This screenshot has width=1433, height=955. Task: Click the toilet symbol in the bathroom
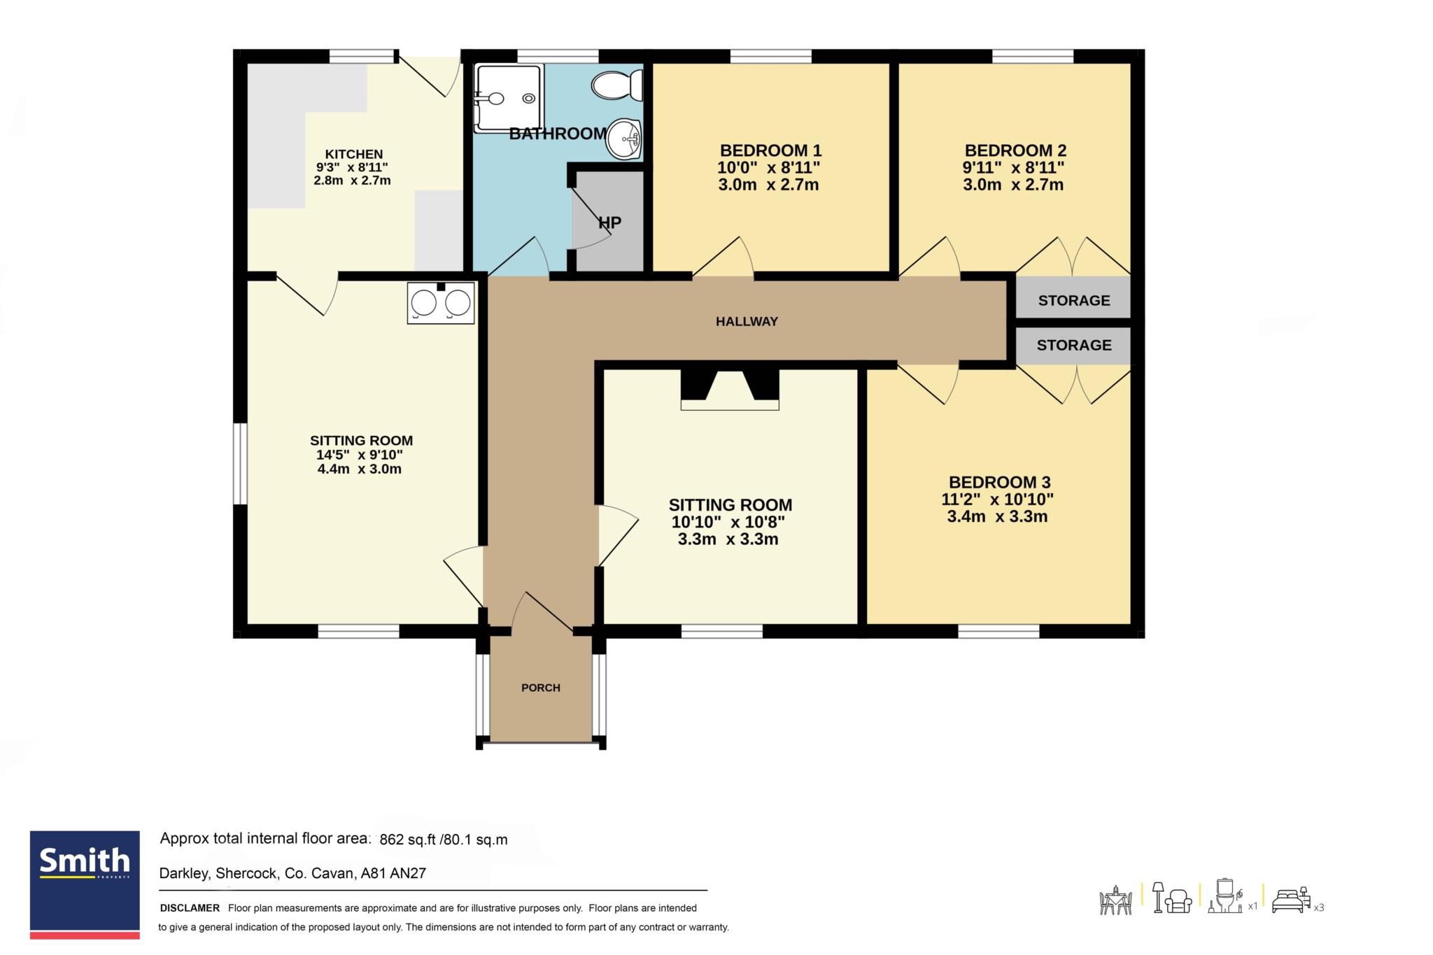pos(617,85)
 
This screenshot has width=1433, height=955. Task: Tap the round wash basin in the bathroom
pos(624,139)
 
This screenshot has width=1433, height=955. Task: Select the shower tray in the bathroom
pos(509,99)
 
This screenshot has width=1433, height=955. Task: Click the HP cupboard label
pos(609,222)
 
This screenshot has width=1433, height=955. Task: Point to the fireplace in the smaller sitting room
pos(730,389)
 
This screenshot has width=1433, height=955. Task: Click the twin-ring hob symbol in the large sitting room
pos(441,303)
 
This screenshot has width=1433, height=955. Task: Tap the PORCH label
pos(541,688)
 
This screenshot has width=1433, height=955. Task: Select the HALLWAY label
pos(747,322)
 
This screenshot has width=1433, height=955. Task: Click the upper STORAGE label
pos(1074,301)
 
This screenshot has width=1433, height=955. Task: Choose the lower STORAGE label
pos(1074,346)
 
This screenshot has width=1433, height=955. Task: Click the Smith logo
pos(85,885)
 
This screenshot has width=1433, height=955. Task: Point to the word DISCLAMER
pos(190,908)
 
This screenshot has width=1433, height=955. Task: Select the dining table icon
pos(1115,900)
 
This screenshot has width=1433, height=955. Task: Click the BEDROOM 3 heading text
pos(999,482)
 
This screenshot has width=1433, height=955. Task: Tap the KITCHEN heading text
pos(354,155)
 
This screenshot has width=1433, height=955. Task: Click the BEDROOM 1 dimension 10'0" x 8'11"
pos(769,168)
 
